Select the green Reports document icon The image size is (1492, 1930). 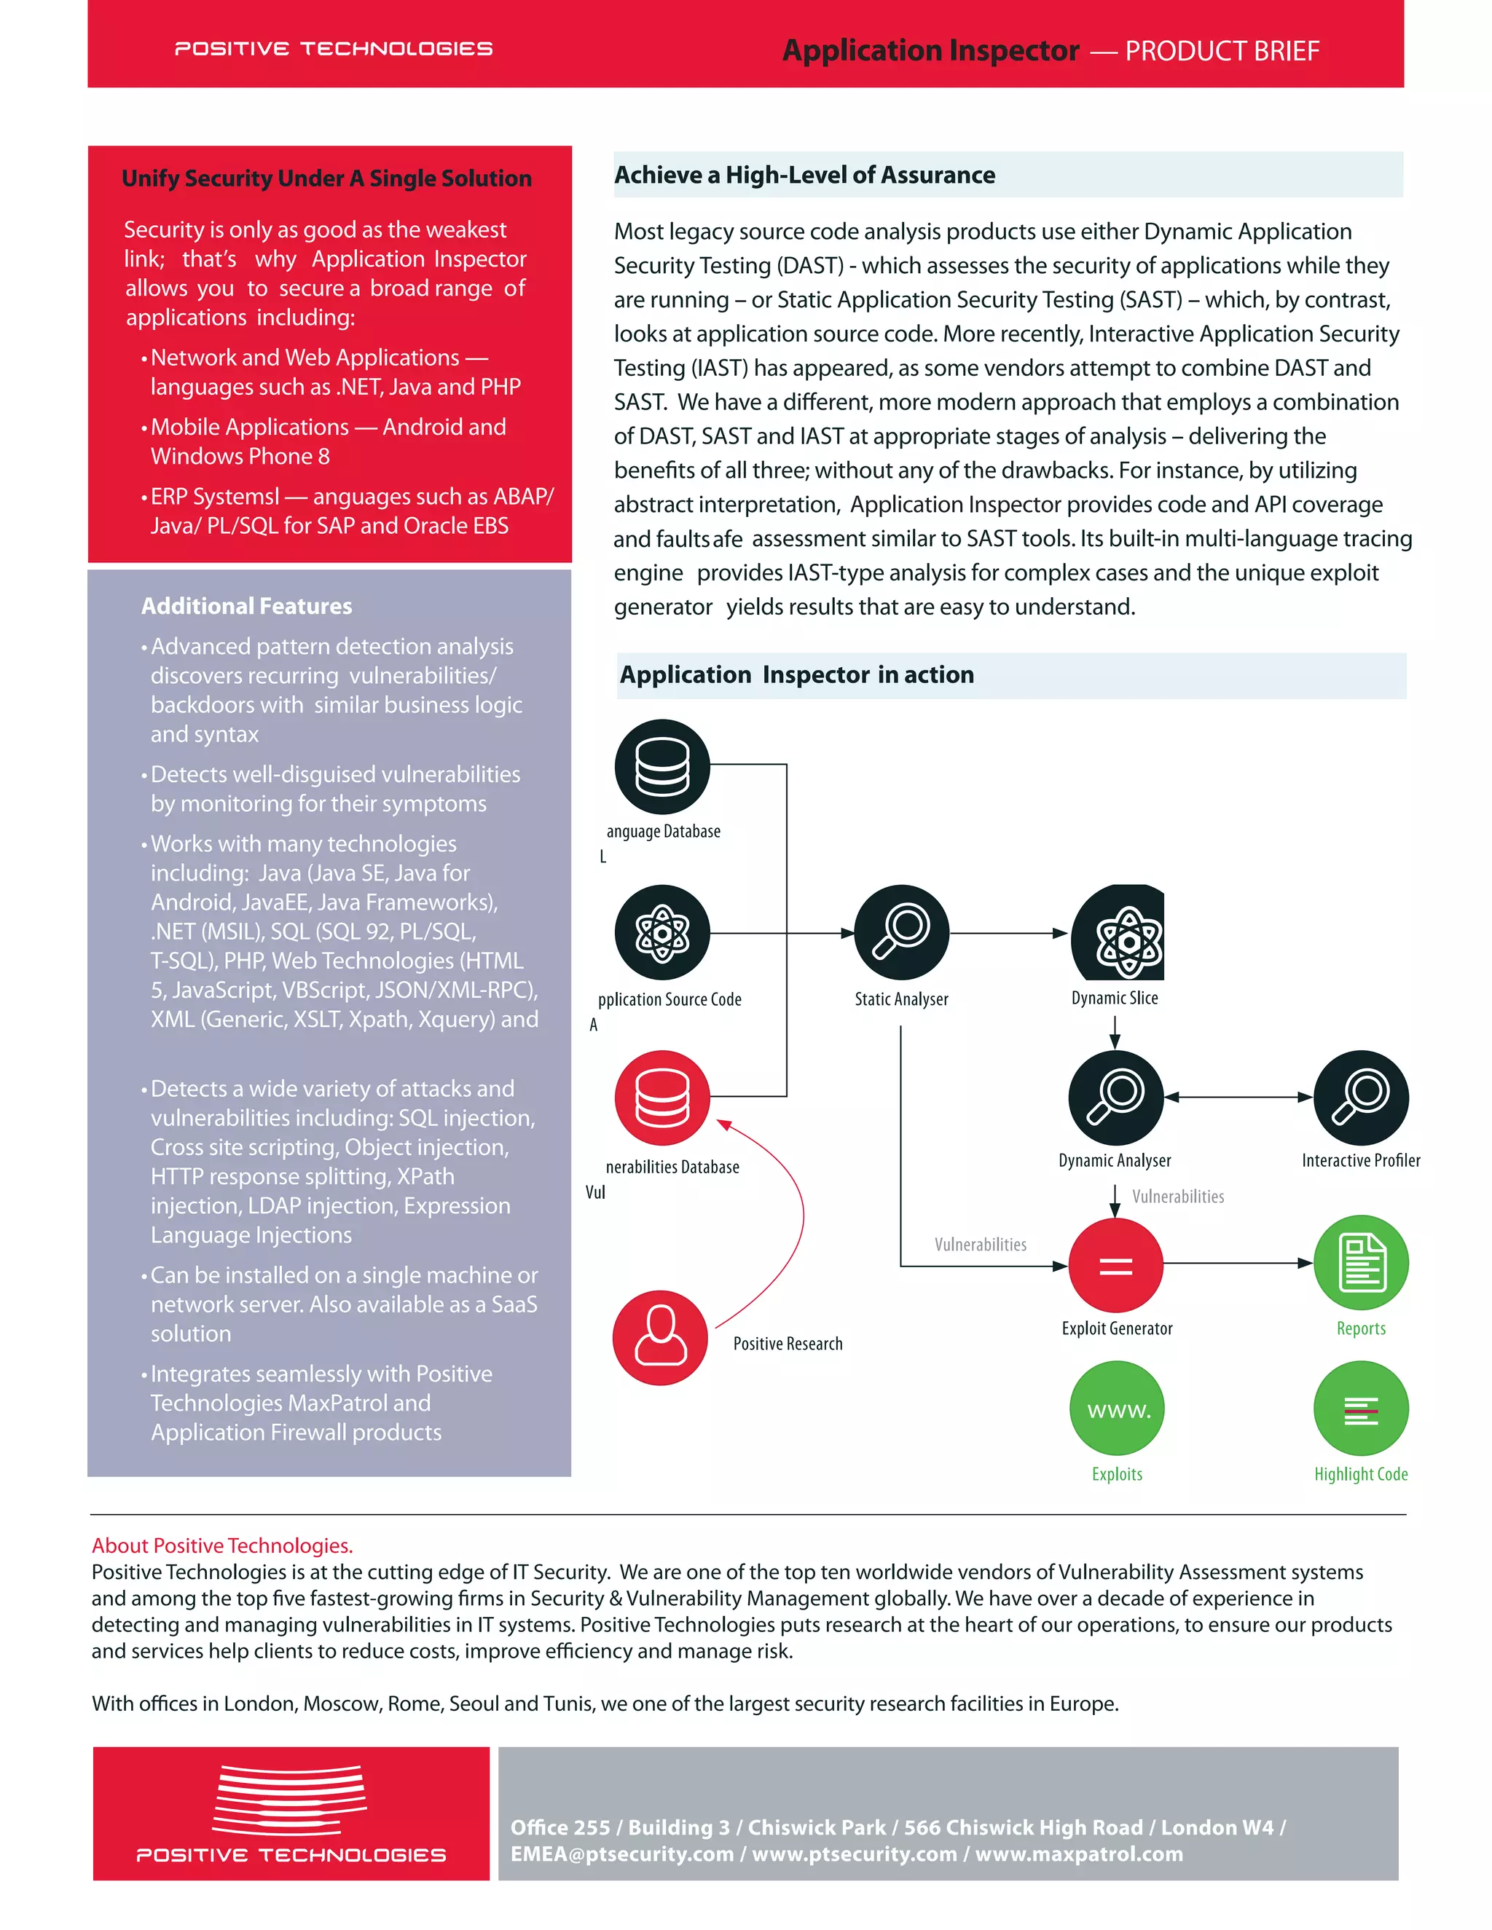coord(1360,1262)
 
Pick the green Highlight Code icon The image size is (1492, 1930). coord(1360,1408)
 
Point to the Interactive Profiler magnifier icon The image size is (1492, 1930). coord(1360,1098)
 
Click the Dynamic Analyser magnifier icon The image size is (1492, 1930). coord(1115,1098)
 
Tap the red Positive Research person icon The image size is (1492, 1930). coord(660,1337)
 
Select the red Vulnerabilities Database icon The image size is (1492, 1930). coord(662,1098)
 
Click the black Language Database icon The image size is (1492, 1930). coord(662,766)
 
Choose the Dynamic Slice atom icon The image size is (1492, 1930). coord(1119,932)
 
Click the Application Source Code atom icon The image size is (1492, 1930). coord(662,932)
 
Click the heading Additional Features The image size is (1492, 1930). coord(247,606)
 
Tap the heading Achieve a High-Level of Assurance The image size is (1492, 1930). coord(804,175)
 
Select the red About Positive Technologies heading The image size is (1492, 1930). coord(222,1545)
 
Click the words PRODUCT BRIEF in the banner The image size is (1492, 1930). coord(1222,51)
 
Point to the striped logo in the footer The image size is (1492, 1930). coord(290,1797)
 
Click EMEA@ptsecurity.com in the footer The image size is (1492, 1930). coord(621,1854)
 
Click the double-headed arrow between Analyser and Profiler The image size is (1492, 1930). coord(1238,1098)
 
